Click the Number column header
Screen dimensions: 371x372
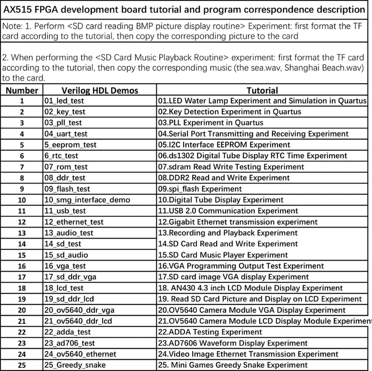click(x=22, y=90)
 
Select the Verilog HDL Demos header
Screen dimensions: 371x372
click(x=100, y=90)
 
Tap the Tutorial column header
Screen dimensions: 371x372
click(x=262, y=90)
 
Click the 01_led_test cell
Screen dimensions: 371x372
click(x=64, y=101)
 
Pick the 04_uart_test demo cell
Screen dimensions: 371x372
click(x=66, y=134)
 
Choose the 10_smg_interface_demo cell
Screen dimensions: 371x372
click(x=87, y=200)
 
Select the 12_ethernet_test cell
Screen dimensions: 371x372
click(x=74, y=222)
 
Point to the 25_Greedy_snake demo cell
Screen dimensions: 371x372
click(x=75, y=365)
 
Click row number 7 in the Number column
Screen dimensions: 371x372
click(x=22, y=167)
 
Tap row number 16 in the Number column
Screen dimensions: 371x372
click(x=22, y=266)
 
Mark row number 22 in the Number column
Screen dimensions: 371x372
click(x=22, y=332)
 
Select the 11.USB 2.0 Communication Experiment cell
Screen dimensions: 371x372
click(x=228, y=211)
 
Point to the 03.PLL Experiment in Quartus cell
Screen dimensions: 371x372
click(x=211, y=123)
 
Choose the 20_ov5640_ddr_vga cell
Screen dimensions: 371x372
click(x=80, y=310)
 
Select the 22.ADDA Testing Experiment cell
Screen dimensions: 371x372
click(x=210, y=332)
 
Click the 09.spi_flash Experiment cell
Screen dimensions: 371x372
click(x=200, y=189)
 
